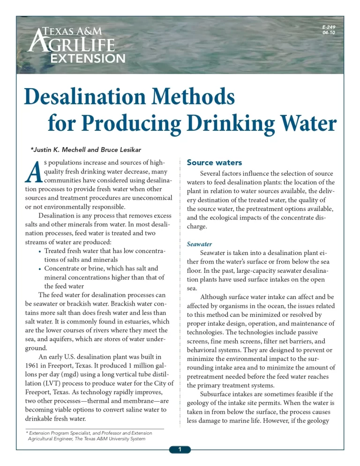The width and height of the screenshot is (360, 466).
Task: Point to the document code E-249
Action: tap(328, 28)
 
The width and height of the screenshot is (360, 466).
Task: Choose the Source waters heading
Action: tap(214, 163)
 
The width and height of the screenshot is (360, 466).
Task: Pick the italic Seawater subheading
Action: tap(199, 244)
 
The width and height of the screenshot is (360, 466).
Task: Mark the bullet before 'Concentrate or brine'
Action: tap(38, 269)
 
